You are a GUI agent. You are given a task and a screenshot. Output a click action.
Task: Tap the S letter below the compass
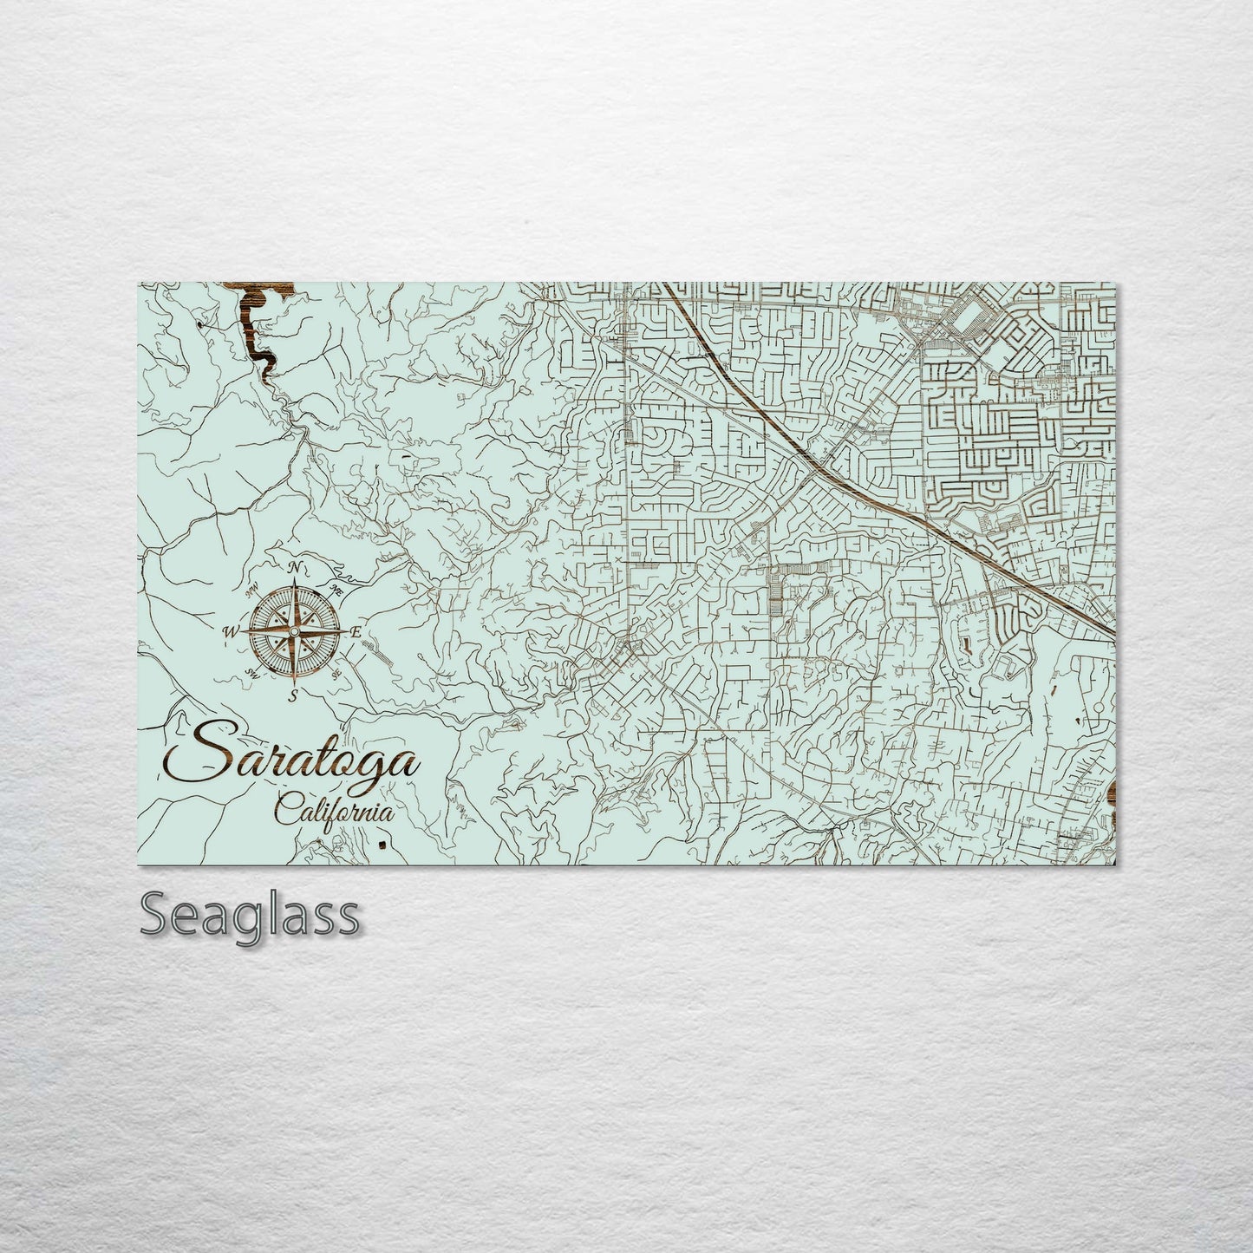click(293, 695)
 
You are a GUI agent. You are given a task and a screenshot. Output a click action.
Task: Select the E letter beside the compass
click(355, 632)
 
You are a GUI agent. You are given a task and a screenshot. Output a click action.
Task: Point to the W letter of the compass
click(232, 631)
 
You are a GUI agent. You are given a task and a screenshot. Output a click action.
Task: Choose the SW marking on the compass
click(253, 672)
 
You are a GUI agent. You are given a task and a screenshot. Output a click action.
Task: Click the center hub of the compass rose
click(293, 631)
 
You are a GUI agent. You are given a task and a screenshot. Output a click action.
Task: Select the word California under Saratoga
click(334, 812)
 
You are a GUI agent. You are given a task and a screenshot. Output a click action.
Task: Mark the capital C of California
click(284, 812)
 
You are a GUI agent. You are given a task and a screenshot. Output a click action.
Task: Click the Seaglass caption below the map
click(250, 915)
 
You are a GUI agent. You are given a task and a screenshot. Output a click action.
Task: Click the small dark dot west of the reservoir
click(202, 326)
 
